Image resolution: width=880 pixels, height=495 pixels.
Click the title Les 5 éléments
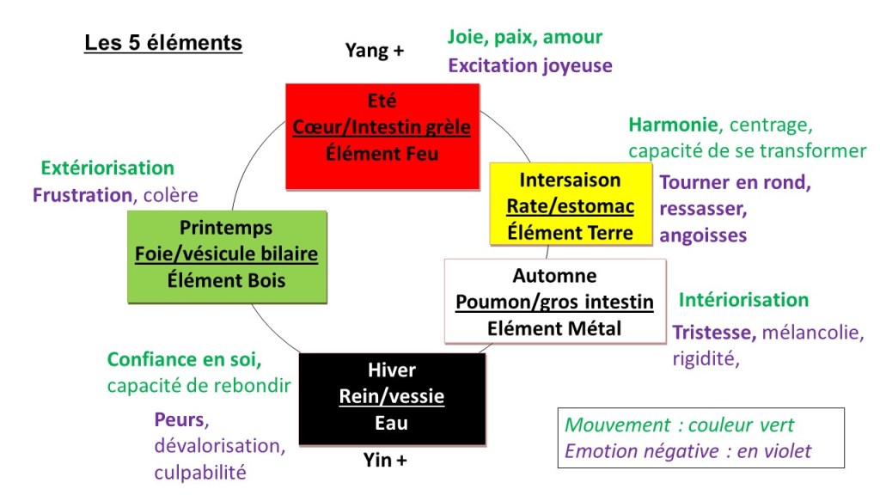pyautogui.click(x=163, y=42)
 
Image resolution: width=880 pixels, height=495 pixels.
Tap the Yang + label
pyautogui.click(x=375, y=51)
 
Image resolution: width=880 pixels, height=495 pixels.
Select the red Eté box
pyautogui.click(x=382, y=135)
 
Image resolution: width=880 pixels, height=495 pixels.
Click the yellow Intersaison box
pyautogui.click(x=570, y=205)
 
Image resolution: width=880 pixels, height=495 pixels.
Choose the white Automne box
pyautogui.click(x=554, y=301)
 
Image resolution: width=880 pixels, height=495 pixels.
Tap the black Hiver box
pyautogui.click(x=391, y=397)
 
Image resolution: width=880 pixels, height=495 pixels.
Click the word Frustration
pyautogui.click(x=82, y=195)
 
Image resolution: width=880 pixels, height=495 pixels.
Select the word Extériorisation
pyautogui.click(x=107, y=168)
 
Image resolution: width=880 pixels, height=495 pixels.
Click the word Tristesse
pyautogui.click(x=714, y=332)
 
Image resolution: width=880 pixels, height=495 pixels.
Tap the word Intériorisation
pyautogui.click(x=743, y=300)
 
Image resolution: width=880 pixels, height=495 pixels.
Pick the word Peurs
pyautogui.click(x=180, y=420)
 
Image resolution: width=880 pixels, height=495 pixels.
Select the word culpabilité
pyautogui.click(x=200, y=472)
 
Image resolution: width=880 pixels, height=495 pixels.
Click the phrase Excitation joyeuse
pyautogui.click(x=530, y=65)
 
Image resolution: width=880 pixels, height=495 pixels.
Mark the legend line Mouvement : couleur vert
pyautogui.click(x=679, y=425)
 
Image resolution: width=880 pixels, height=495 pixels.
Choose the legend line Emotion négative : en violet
pyautogui.click(x=687, y=450)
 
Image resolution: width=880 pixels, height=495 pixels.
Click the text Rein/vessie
pyautogui.click(x=392, y=397)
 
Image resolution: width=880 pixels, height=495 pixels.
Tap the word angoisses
pyautogui.click(x=703, y=235)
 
